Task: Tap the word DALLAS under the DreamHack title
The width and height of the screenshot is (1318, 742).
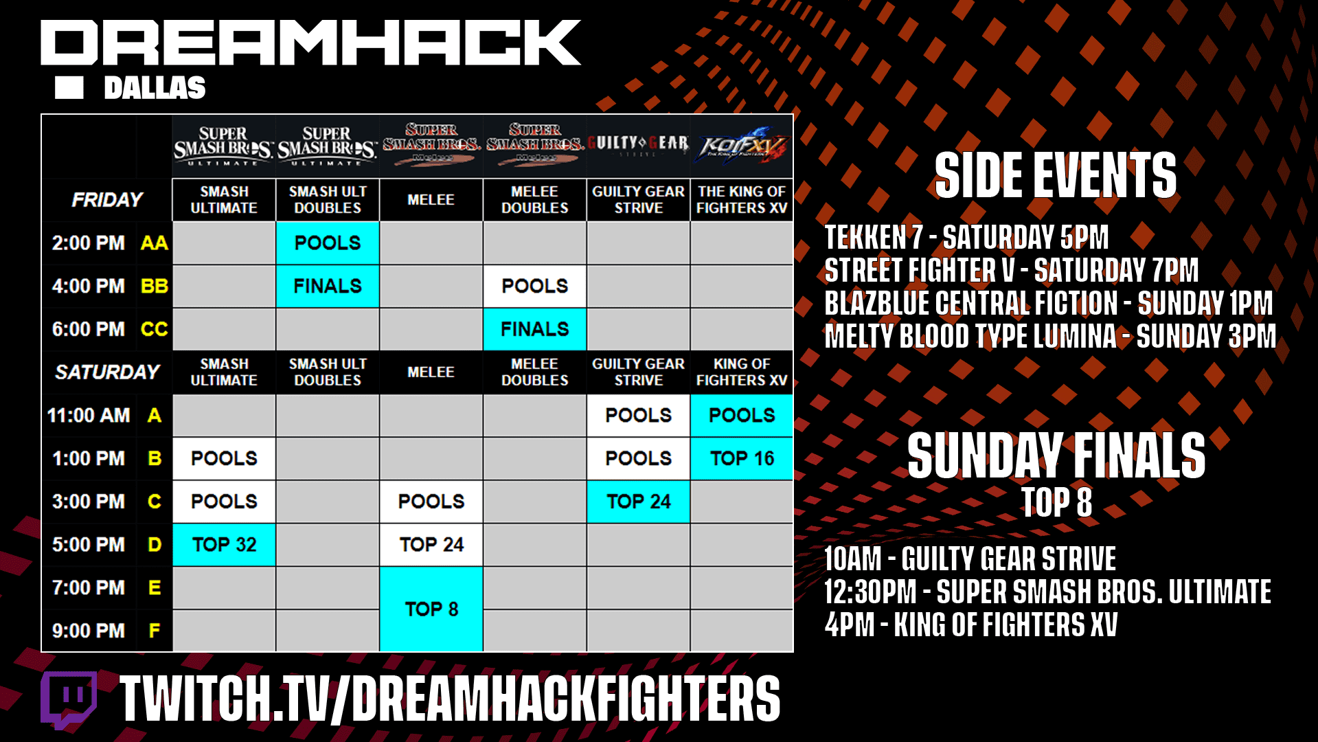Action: tap(155, 88)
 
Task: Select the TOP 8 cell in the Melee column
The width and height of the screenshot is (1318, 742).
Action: tap(431, 609)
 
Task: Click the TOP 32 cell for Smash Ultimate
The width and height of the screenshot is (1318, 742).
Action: tap(224, 545)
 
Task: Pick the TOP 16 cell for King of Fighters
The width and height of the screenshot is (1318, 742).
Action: tap(742, 458)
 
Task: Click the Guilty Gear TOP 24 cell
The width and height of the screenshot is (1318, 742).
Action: tap(638, 502)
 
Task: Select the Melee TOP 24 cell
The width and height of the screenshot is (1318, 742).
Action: tap(431, 545)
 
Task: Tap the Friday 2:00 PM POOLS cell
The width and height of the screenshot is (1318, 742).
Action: tap(328, 243)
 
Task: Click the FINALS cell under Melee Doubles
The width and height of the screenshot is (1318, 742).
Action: tap(534, 329)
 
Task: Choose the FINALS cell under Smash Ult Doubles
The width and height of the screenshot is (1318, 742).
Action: tap(328, 286)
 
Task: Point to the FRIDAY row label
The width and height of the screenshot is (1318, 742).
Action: tap(107, 200)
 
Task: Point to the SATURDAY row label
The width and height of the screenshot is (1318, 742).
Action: tap(107, 372)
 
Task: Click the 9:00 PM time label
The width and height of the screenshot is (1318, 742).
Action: tap(89, 631)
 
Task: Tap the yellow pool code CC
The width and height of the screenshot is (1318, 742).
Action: tap(154, 329)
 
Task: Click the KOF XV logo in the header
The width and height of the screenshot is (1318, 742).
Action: tap(742, 146)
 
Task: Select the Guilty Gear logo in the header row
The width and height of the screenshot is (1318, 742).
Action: tap(638, 144)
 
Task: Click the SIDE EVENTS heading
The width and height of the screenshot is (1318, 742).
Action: tap(1056, 176)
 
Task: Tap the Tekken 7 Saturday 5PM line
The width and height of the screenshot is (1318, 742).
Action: tap(966, 238)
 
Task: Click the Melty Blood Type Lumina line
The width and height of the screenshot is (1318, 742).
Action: tap(1050, 337)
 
